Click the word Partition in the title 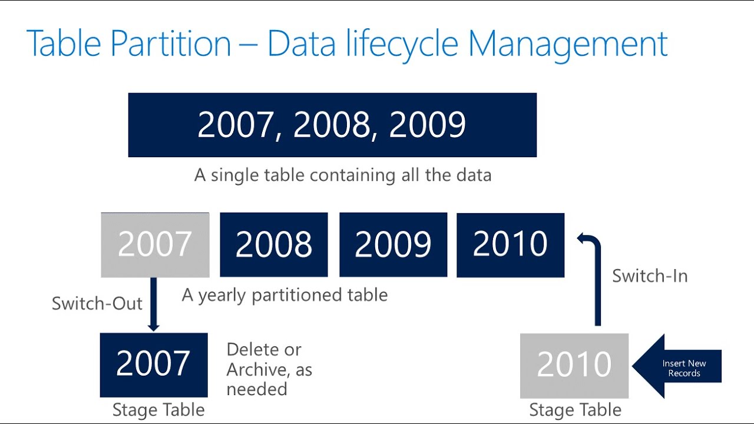(166, 44)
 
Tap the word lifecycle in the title (402, 44)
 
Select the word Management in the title (568, 44)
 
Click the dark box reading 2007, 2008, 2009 (332, 125)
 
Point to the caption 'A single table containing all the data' (343, 175)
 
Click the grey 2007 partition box (155, 245)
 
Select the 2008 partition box (274, 244)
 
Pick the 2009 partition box (393, 244)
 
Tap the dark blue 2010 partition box (510, 245)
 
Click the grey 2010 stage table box (574, 365)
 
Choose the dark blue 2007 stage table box (154, 365)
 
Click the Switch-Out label (97, 303)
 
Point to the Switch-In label (650, 276)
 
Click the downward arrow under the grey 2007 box (154, 304)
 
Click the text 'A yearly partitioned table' (285, 294)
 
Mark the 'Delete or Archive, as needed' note (269, 369)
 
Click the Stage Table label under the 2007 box (158, 410)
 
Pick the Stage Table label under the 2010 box (576, 410)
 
